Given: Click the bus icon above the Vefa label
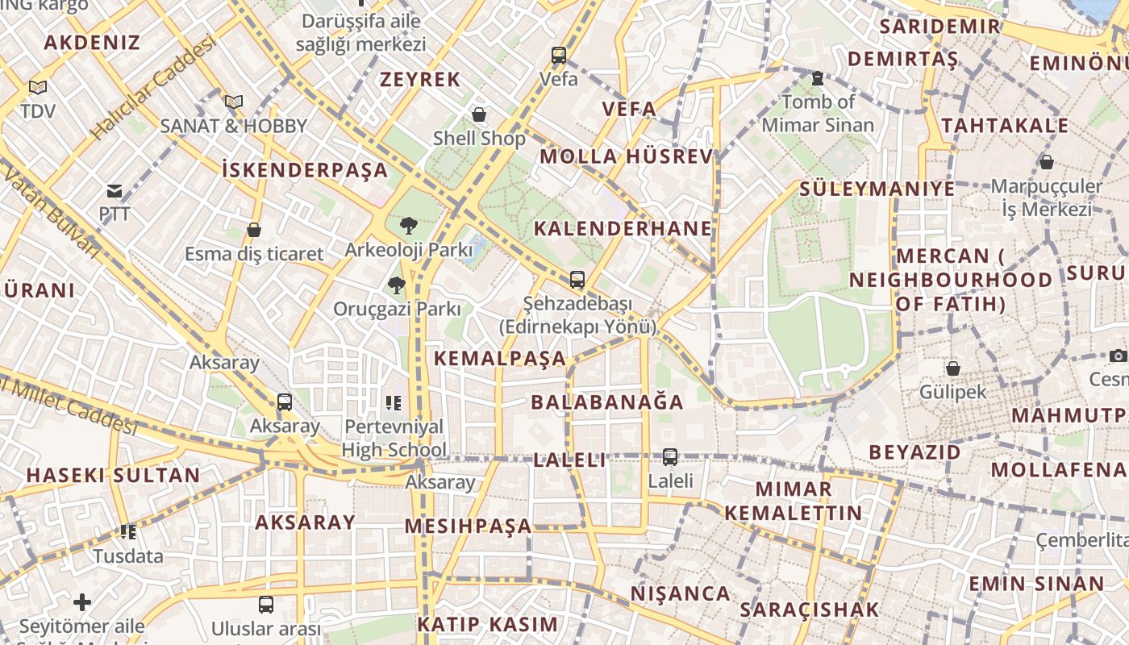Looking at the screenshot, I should [559, 56].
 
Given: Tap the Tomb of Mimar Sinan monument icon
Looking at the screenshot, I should [818, 78].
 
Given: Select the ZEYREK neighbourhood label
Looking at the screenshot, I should [420, 79].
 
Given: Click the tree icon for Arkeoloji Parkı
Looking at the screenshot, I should [408, 226].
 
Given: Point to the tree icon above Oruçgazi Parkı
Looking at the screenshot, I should [396, 285].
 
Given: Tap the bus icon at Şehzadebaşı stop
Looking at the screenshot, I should [577, 280].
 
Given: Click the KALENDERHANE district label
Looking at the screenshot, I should [623, 228].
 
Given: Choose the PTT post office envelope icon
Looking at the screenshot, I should [115, 191].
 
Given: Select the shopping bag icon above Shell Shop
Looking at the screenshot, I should [479, 114].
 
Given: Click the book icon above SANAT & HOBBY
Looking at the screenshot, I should [234, 102].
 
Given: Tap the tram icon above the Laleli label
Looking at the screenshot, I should [669, 457].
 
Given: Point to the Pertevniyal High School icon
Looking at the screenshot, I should [393, 402].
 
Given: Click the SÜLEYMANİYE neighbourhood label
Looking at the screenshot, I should [877, 189].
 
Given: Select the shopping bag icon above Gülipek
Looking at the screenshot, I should [952, 368].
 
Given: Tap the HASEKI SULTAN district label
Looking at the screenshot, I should [113, 475].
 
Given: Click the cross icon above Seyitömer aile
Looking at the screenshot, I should [81, 602].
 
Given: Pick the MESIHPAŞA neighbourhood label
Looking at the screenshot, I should [468, 526].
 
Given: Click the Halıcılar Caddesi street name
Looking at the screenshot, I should [153, 87].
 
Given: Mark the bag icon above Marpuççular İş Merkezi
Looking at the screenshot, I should [1046, 162].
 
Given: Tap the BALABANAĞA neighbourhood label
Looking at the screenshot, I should [607, 402].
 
